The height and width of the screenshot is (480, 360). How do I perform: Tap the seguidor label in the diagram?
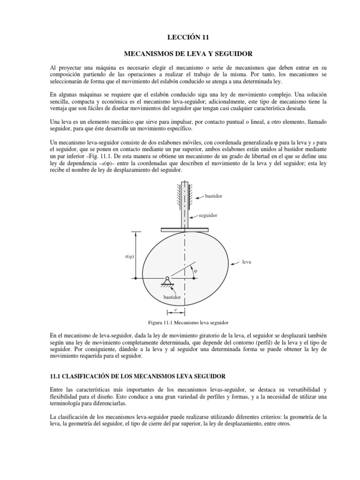208,216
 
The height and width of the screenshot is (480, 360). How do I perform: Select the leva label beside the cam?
247,262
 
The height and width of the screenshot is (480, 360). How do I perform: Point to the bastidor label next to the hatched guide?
213,196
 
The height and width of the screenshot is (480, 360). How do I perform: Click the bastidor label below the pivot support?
172,297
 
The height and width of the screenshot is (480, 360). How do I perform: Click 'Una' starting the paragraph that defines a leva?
56,121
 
